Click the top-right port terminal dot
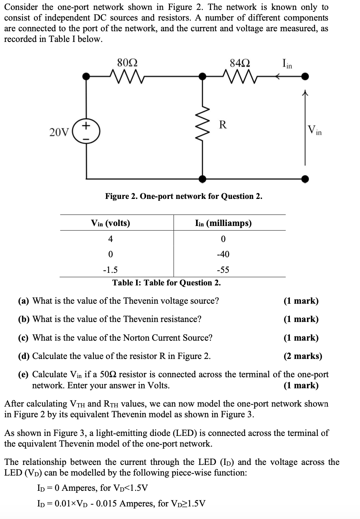click(305, 77)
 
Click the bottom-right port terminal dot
click(305, 178)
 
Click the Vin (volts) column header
click(111, 223)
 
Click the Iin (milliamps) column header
click(223, 223)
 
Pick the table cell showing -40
click(223, 254)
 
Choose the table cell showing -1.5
click(110, 270)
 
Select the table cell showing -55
click(223, 270)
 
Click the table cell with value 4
click(110, 239)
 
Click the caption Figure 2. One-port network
click(183, 196)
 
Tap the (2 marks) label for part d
click(303, 356)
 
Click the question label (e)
click(24, 375)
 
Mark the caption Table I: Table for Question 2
click(166, 283)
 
